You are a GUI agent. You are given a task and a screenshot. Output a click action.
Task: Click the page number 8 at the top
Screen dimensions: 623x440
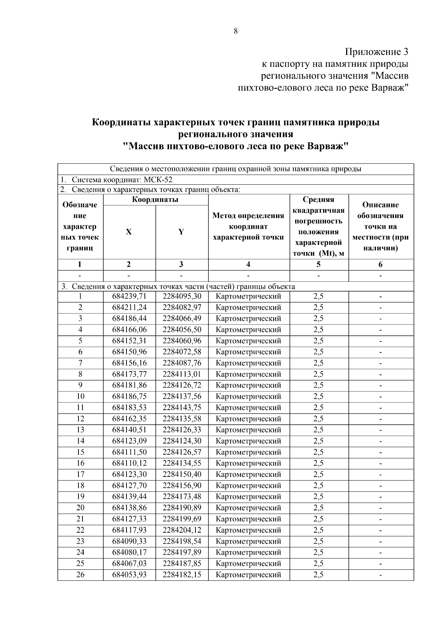[235, 31]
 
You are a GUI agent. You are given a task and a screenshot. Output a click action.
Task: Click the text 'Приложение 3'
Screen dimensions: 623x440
[377, 52]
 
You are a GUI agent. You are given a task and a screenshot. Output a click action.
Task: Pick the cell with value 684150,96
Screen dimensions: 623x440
[129, 352]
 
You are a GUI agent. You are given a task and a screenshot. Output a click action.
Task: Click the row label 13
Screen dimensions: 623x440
[80, 430]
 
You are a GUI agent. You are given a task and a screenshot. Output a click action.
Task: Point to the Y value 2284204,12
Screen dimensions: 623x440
[182, 530]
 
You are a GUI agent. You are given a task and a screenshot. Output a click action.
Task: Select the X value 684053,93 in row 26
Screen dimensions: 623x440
[129, 575]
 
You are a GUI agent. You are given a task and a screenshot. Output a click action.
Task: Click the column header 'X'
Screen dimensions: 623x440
[129, 232]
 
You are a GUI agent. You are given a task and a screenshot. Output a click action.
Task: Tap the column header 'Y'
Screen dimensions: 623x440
[181, 232]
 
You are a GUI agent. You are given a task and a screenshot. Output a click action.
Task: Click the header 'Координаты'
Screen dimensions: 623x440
[155, 200]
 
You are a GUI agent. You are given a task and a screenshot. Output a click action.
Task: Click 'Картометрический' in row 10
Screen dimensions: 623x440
[248, 396]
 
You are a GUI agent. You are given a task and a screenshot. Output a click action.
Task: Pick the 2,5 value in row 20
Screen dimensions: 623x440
[318, 507]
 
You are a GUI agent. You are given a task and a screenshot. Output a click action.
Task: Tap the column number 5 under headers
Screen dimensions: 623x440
[318, 264]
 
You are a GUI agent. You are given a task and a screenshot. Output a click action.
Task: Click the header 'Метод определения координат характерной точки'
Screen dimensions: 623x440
[248, 227]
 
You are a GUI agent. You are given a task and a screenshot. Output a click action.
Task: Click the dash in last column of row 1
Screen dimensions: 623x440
[381, 296]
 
